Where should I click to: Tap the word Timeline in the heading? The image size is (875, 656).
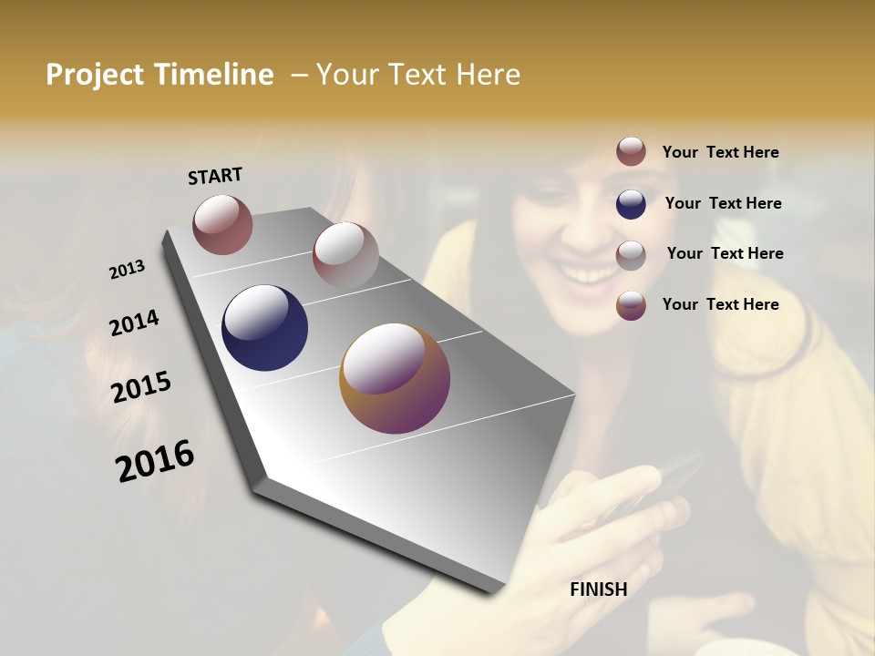(x=214, y=75)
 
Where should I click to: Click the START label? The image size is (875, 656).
(x=215, y=176)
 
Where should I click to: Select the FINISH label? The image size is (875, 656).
(x=599, y=589)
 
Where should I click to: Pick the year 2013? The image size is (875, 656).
(x=127, y=270)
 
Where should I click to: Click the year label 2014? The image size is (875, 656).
(x=134, y=323)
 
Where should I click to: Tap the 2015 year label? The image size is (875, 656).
(x=141, y=387)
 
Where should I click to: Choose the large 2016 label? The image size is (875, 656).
(x=155, y=461)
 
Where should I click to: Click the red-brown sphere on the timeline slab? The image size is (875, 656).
(x=222, y=224)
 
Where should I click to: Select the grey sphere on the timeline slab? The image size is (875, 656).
(x=345, y=255)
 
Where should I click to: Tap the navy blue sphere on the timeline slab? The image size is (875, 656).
(x=264, y=328)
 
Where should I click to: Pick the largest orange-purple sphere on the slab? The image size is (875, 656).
(x=395, y=378)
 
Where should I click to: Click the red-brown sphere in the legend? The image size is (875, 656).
(x=631, y=151)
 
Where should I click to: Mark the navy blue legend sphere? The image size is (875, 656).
(x=631, y=204)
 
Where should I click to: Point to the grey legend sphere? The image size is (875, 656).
(x=631, y=255)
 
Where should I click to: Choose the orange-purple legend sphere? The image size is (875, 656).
(x=631, y=305)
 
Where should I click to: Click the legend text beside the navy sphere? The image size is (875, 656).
(x=723, y=203)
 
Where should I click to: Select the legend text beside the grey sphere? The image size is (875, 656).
(x=725, y=253)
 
